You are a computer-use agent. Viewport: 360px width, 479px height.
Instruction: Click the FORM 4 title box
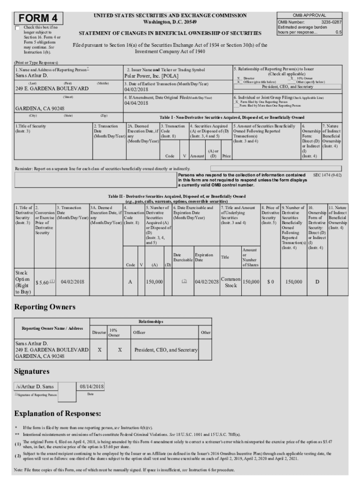click(x=38, y=18)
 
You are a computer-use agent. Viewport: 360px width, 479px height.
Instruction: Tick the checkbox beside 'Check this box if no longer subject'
click(x=18, y=28)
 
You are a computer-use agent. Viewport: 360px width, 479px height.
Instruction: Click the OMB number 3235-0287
click(x=331, y=22)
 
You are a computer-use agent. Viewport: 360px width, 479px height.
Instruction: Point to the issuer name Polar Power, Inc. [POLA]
click(x=151, y=75)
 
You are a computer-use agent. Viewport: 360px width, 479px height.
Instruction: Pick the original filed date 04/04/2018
click(x=137, y=103)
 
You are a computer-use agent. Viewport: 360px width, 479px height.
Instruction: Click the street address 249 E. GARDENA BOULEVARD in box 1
click(x=52, y=88)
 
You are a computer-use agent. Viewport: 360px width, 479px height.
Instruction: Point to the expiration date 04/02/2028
click(x=207, y=282)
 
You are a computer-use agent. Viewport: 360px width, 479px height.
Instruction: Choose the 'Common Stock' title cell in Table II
click(x=231, y=282)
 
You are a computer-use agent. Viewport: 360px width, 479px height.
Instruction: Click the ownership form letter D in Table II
click(x=317, y=282)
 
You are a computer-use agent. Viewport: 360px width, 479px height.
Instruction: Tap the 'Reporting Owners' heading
click(x=45, y=307)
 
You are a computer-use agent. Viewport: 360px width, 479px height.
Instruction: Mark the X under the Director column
click(x=99, y=350)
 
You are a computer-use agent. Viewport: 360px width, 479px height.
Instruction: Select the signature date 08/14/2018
click(x=92, y=387)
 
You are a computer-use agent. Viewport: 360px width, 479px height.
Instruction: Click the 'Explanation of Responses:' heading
click(x=58, y=414)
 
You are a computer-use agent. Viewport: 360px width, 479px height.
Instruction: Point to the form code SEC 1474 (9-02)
click(x=327, y=174)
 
